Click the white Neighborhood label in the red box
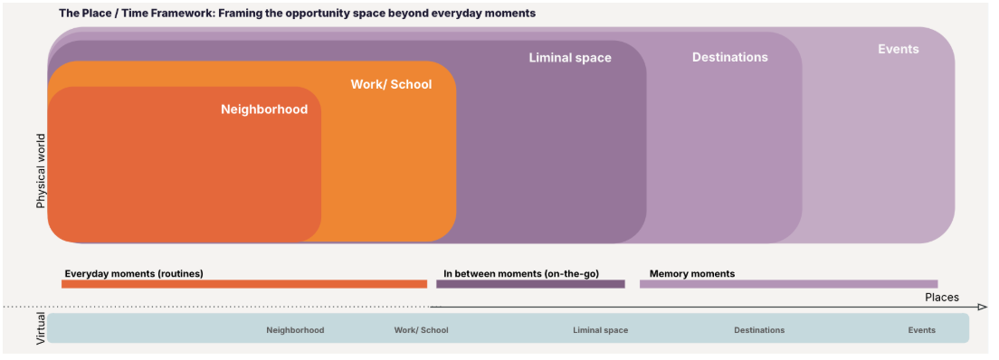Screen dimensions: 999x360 point(264,109)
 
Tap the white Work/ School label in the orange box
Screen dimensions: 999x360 point(391,84)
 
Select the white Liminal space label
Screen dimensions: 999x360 point(570,58)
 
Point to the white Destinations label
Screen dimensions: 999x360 point(730,57)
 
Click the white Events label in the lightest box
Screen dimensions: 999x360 point(899,49)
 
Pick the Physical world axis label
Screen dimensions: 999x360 point(42,171)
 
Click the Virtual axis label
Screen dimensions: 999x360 point(42,328)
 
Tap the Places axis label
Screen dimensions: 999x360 point(942,298)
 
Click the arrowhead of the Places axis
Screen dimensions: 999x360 point(983,308)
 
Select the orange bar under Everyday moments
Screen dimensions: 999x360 point(244,284)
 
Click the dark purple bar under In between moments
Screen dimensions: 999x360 point(530,284)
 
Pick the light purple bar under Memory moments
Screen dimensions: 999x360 point(789,284)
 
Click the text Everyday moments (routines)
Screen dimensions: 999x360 point(134,274)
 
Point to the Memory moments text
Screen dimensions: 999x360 point(692,274)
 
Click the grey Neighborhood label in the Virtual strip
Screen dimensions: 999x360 point(295,330)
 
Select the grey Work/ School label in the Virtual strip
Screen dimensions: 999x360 point(421,330)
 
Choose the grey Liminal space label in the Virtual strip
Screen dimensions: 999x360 point(600,330)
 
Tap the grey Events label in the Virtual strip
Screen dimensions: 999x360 point(922,330)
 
